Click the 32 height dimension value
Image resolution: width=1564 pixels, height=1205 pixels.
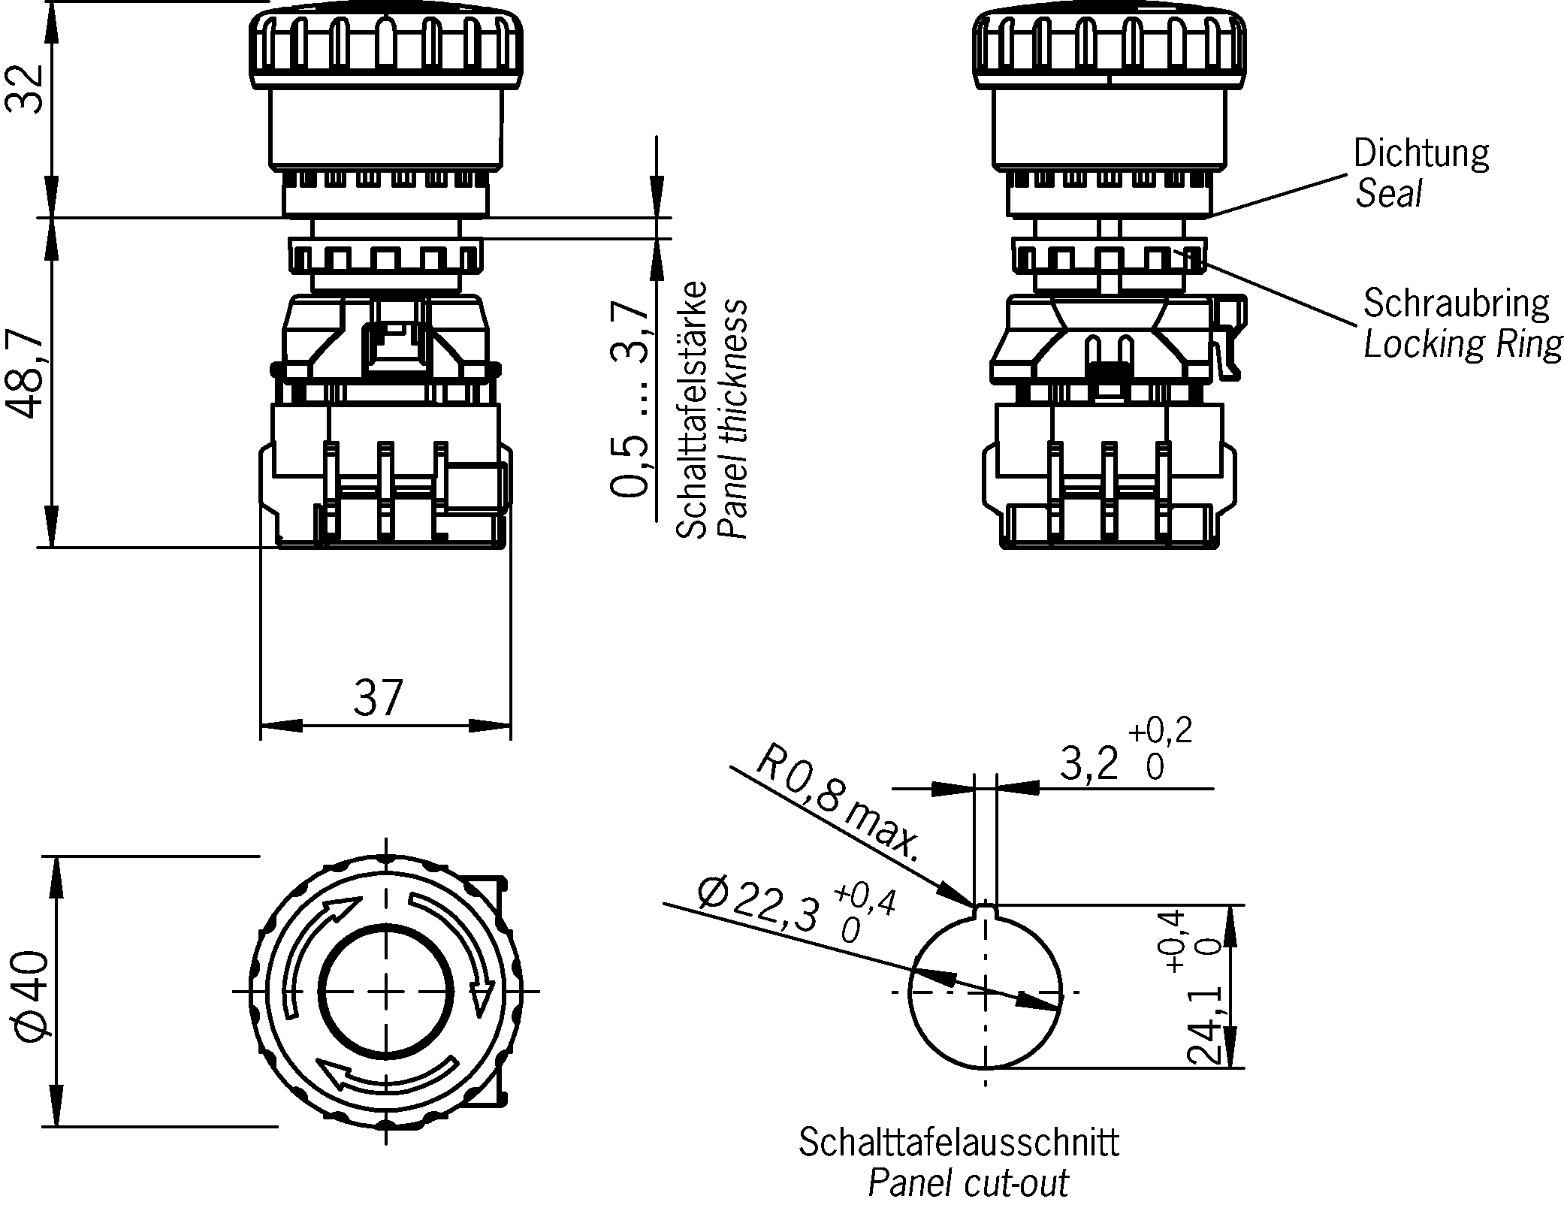[x=24, y=89]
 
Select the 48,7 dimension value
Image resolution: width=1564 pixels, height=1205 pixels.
[x=24, y=374]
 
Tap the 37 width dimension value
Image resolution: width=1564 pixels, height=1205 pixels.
[x=379, y=699]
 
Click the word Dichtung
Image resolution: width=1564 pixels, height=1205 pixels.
[x=1421, y=154]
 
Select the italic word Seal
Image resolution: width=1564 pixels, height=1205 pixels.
[x=1388, y=194]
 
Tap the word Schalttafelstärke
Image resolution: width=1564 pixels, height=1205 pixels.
[x=692, y=410]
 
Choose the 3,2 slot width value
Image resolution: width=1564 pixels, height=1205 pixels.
[x=1088, y=765]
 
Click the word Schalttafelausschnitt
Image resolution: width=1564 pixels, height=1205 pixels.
[x=959, y=1143]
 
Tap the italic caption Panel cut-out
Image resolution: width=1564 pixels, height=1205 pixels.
[x=968, y=1183]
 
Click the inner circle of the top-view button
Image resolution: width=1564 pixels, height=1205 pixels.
[x=386, y=991]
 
